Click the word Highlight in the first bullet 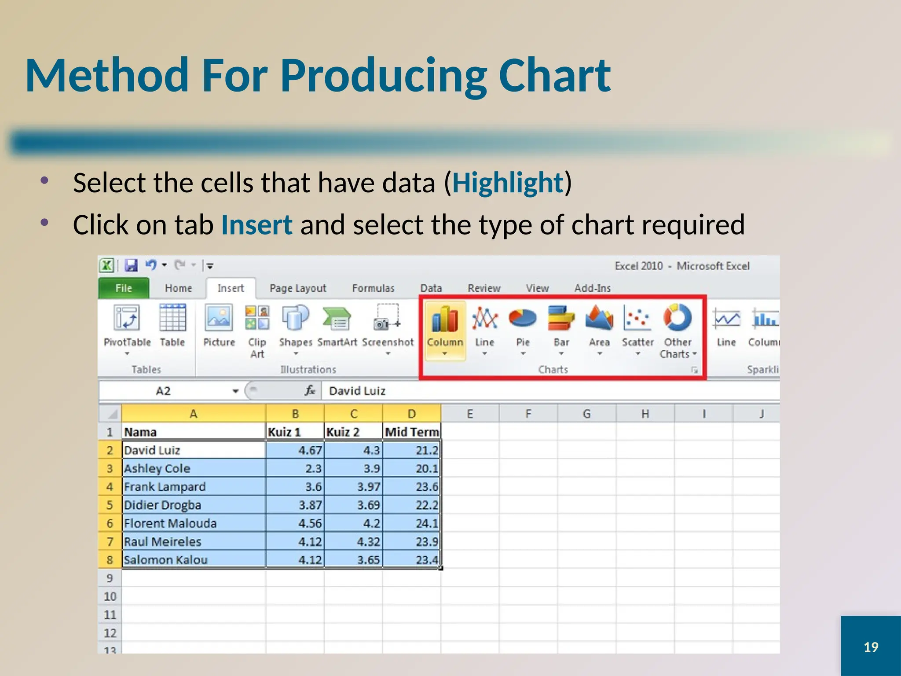[x=507, y=183]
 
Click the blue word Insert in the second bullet [x=256, y=225]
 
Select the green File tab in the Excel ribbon [x=124, y=288]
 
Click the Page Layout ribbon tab [x=298, y=288]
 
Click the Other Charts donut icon [x=678, y=318]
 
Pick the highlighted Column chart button [x=445, y=326]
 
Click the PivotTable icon [x=127, y=318]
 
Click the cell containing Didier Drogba [x=194, y=505]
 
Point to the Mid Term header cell [x=412, y=432]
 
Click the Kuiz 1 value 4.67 [x=295, y=450]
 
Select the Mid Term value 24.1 [x=412, y=523]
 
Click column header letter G [x=586, y=414]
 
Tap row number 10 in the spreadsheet [x=110, y=596]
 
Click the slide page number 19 [x=871, y=647]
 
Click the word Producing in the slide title [x=383, y=76]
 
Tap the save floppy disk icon [x=131, y=265]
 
